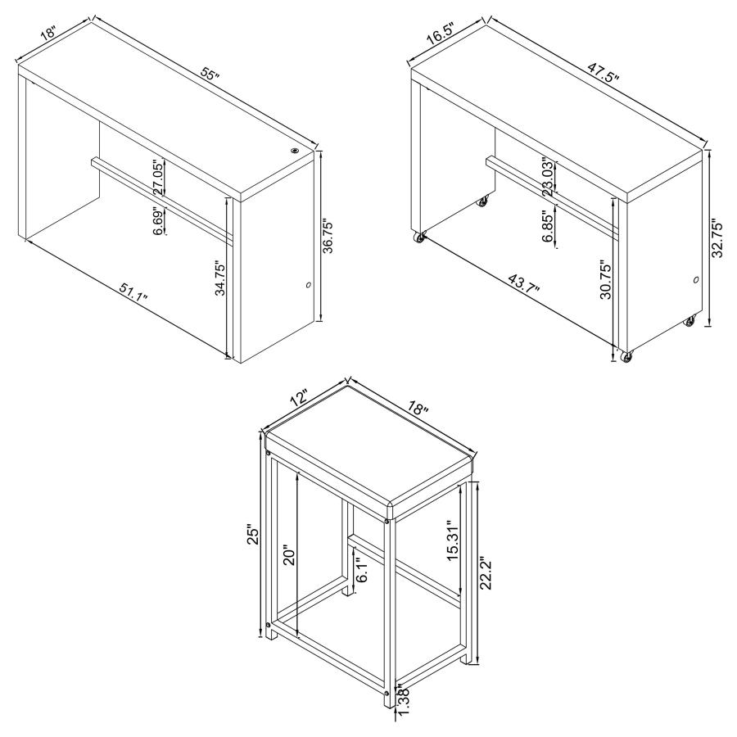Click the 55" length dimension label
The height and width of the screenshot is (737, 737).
(x=210, y=77)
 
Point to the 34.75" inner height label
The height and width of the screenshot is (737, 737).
(x=220, y=278)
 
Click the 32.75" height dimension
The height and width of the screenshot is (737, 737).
(x=717, y=237)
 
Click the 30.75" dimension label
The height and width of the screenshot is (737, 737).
(x=606, y=281)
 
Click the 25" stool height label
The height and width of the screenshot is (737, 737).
(x=254, y=535)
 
